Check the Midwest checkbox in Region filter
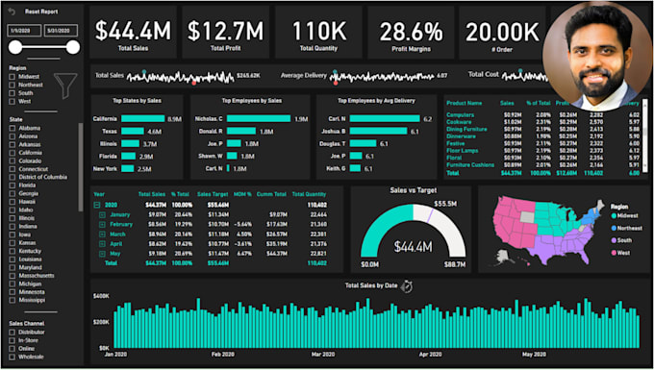click(x=13, y=76)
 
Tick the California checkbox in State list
click(x=13, y=152)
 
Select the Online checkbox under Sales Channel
click(x=13, y=348)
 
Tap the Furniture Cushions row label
click(x=468, y=165)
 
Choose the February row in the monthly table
click(x=119, y=223)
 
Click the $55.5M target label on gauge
click(x=444, y=203)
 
